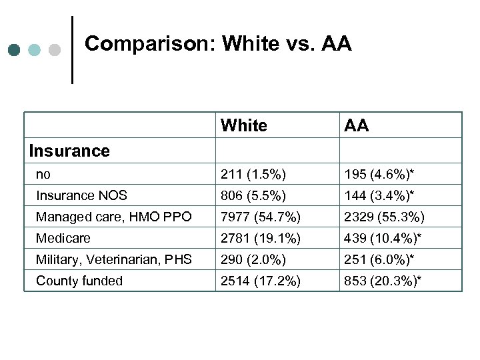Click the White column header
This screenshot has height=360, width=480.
pyautogui.click(x=243, y=125)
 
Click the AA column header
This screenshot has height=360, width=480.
pyautogui.click(x=357, y=125)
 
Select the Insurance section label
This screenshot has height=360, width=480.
pyautogui.click(x=69, y=151)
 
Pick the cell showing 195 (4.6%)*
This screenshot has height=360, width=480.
pyautogui.click(x=379, y=174)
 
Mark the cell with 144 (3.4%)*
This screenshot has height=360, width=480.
pyautogui.click(x=379, y=195)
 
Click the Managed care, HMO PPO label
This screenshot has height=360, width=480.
pyautogui.click(x=114, y=217)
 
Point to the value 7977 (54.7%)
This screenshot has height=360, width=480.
pyautogui.click(x=261, y=217)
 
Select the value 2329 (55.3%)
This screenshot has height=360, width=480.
pyautogui.click(x=385, y=217)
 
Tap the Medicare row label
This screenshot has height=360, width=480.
pyautogui.click(x=63, y=238)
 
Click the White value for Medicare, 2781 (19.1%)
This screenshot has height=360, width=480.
pyautogui.click(x=261, y=238)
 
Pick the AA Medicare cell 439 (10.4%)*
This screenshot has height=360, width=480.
pyautogui.click(x=382, y=238)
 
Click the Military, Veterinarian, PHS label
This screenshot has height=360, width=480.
pyautogui.click(x=114, y=259)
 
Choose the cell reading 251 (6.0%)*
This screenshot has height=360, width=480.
pyautogui.click(x=379, y=259)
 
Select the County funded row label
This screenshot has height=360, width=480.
pyautogui.click(x=79, y=281)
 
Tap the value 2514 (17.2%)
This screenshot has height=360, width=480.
pyautogui.click(x=261, y=281)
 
